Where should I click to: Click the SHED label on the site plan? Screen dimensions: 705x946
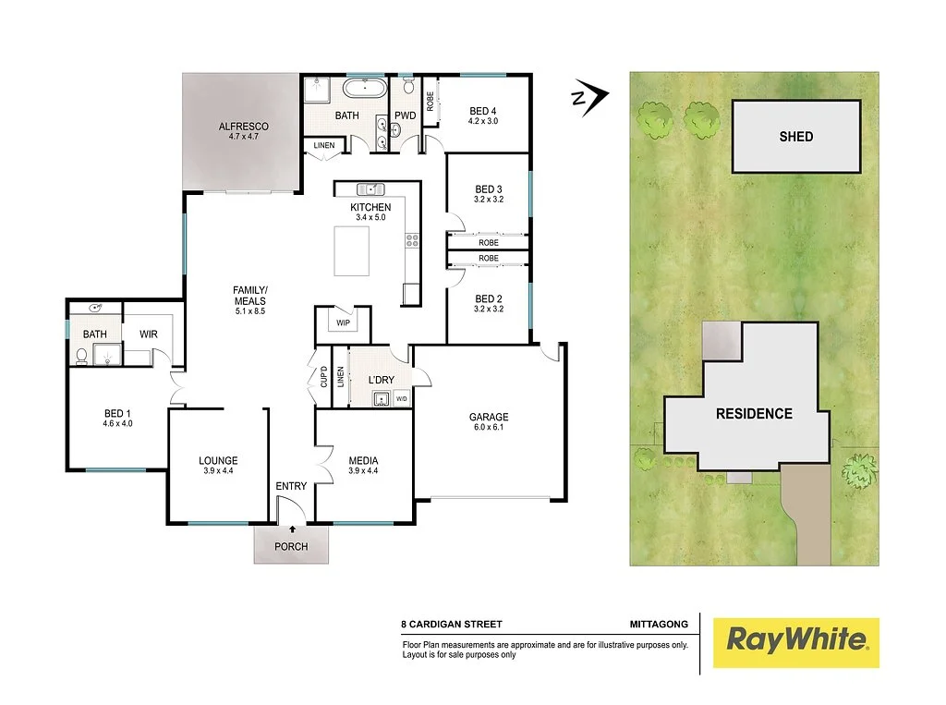[x=795, y=137]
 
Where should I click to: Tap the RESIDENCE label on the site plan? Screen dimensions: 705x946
[x=754, y=414]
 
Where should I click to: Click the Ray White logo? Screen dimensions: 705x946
[x=796, y=639]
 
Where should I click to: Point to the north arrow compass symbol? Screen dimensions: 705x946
[x=588, y=95]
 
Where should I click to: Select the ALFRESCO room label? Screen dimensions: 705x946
[x=243, y=126]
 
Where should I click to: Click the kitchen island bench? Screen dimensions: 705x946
[x=352, y=250]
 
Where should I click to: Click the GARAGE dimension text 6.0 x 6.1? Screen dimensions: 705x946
[x=488, y=429]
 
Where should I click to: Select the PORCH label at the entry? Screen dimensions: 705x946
[x=291, y=546]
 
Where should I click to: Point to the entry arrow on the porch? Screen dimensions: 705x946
[x=293, y=529]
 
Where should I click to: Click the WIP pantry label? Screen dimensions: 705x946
[x=343, y=322]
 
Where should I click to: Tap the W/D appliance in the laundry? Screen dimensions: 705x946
[x=401, y=398]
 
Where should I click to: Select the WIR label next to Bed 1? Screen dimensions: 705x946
[x=150, y=334]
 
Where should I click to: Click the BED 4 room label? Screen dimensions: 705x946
[x=484, y=111]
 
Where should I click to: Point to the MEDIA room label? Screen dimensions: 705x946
[x=363, y=460]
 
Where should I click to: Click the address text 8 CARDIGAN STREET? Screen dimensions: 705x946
[x=452, y=625]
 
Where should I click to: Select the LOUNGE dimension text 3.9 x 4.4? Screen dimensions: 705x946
[x=218, y=472]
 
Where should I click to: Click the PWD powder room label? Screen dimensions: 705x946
[x=405, y=115]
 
